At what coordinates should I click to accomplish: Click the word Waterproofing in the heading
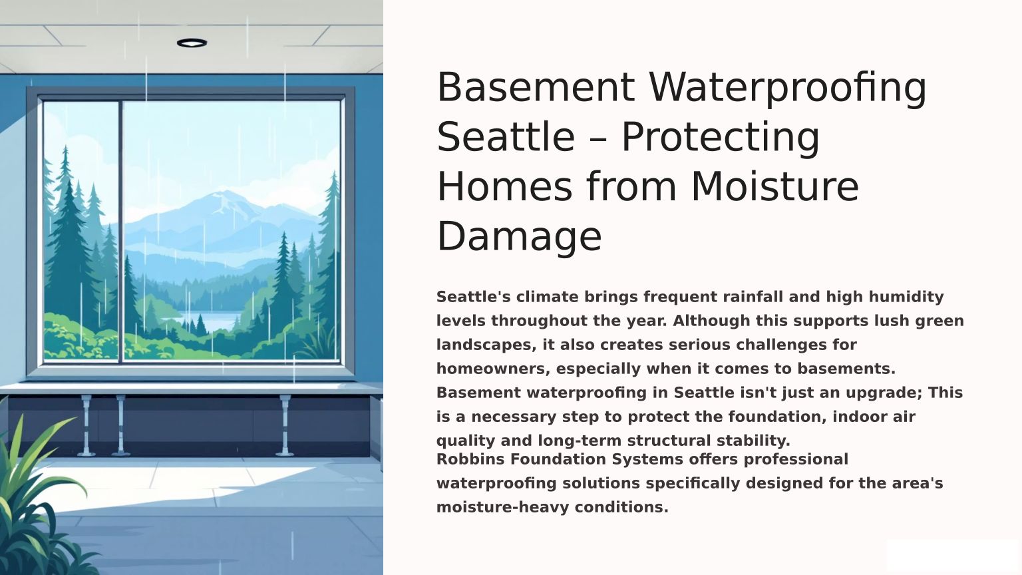pos(788,88)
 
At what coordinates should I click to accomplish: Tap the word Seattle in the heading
pos(506,137)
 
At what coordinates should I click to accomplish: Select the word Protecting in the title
pos(721,138)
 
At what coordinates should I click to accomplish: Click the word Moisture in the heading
pos(775,186)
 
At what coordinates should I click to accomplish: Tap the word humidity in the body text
pos(906,297)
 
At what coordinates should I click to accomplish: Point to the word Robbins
pos(470,459)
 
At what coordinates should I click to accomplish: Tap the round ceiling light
pos(192,43)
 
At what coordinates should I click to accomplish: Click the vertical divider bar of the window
pos(120,232)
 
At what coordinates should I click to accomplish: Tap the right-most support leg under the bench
pos(285,425)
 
